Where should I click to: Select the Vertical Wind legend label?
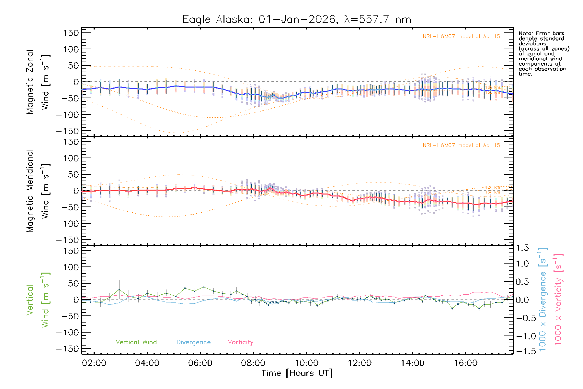click(x=136, y=342)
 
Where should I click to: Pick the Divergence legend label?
click(x=193, y=342)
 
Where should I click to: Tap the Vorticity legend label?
click(x=240, y=342)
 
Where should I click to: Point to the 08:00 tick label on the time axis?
click(x=253, y=363)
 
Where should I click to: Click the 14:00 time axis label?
click(x=412, y=363)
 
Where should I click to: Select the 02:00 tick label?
click(x=94, y=363)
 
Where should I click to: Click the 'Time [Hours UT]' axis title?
click(x=297, y=373)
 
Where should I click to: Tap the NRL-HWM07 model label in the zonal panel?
click(x=461, y=37)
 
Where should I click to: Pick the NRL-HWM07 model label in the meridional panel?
click(x=461, y=146)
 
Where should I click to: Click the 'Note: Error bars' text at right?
click(x=542, y=33)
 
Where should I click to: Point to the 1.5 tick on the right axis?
click(x=522, y=248)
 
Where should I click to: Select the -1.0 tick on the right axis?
click(x=522, y=336)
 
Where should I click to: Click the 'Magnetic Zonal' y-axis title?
click(x=30, y=82)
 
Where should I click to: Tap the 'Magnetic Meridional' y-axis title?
click(x=30, y=191)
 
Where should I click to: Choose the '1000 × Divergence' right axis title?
click(x=543, y=299)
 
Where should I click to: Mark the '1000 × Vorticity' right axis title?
click(x=558, y=299)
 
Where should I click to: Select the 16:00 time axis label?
click(x=465, y=363)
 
